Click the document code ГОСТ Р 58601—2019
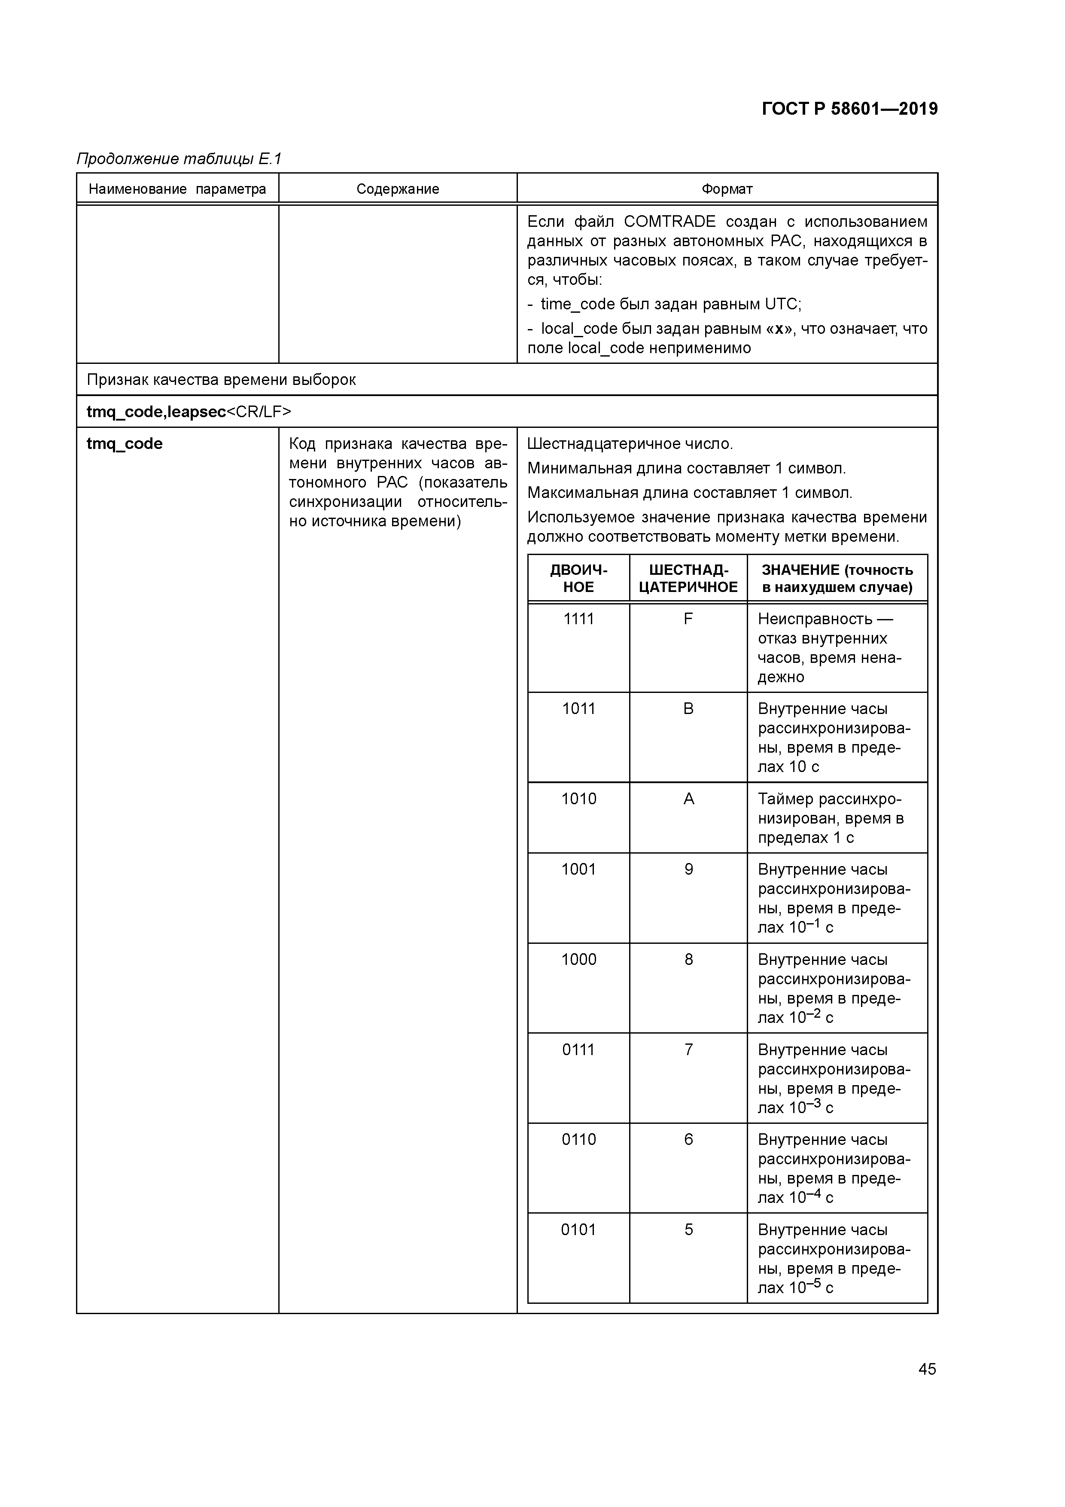[x=850, y=109]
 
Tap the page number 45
[x=927, y=1369]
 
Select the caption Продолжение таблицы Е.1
[x=179, y=159]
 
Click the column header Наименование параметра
[x=177, y=189]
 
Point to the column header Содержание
[x=398, y=189]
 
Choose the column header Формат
[x=727, y=189]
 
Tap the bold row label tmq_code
[x=125, y=444]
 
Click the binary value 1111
[x=578, y=619]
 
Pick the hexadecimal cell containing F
[x=688, y=619]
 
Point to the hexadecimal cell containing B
[x=688, y=709]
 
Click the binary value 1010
[x=578, y=799]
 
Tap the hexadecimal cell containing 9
[x=688, y=869]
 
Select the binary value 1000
[x=578, y=960]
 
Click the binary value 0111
[x=578, y=1049]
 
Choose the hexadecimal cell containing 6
[x=688, y=1139]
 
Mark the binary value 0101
[x=578, y=1229]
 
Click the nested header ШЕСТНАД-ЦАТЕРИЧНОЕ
[x=688, y=578]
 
